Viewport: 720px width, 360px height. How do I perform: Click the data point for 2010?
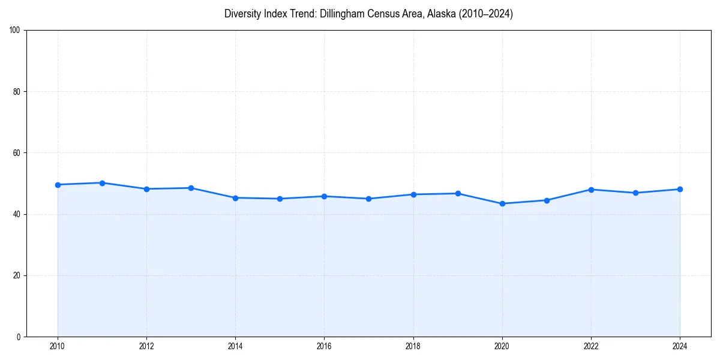point(58,185)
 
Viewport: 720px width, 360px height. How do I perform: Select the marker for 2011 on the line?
point(102,183)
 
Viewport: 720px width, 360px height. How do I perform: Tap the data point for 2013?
point(191,188)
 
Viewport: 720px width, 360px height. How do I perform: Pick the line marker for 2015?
point(280,199)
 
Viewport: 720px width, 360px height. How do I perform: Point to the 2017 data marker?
point(368,199)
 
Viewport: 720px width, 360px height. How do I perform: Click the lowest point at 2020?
point(502,203)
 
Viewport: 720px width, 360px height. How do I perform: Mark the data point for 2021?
point(547,200)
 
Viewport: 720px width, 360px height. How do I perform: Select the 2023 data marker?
point(635,193)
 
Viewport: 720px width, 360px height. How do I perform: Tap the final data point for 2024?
point(680,189)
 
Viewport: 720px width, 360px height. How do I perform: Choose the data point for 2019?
point(458,193)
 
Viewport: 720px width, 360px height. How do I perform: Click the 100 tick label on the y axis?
point(15,31)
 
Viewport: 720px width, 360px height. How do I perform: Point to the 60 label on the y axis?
point(17,153)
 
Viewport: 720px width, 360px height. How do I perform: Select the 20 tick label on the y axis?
point(17,275)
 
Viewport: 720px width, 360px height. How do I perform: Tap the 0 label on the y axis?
point(19,337)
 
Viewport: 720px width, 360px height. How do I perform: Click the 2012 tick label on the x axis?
point(146,347)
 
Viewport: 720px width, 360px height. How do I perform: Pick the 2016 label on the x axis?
point(324,347)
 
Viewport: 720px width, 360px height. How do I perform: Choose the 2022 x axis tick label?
point(591,347)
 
